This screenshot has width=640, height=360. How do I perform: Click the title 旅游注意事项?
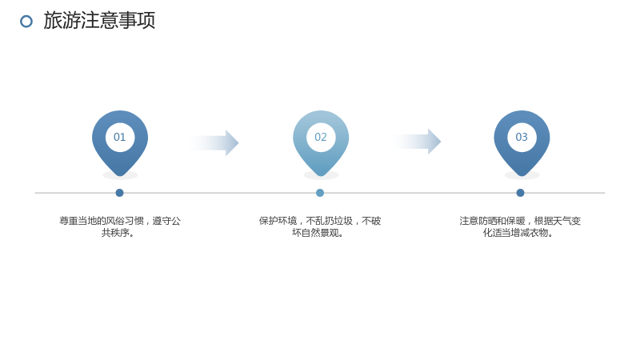pos(99,21)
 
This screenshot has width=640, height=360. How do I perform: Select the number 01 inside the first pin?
pos(119,137)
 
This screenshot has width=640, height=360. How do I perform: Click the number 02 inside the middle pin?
pos(321,137)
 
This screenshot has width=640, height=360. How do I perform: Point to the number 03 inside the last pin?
pos(522,137)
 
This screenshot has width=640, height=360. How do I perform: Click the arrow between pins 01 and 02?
pos(214,143)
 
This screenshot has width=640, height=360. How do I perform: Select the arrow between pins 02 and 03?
pos(416,142)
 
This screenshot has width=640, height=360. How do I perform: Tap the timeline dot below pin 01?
pos(119,193)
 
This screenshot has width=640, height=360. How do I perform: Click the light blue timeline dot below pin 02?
pos(320,193)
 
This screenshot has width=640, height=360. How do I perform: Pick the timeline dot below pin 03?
pos(521,193)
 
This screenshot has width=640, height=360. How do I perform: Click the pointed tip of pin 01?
pos(119,176)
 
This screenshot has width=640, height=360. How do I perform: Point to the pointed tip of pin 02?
pos(321,176)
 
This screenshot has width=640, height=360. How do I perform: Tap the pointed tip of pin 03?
pos(522,176)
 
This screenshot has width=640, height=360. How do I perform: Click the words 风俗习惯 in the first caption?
pos(125,221)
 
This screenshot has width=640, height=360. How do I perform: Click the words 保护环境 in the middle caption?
pos(278,221)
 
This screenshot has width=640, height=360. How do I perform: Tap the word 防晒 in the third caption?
pos(487,221)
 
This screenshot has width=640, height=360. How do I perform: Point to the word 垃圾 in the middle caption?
pos(343,221)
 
